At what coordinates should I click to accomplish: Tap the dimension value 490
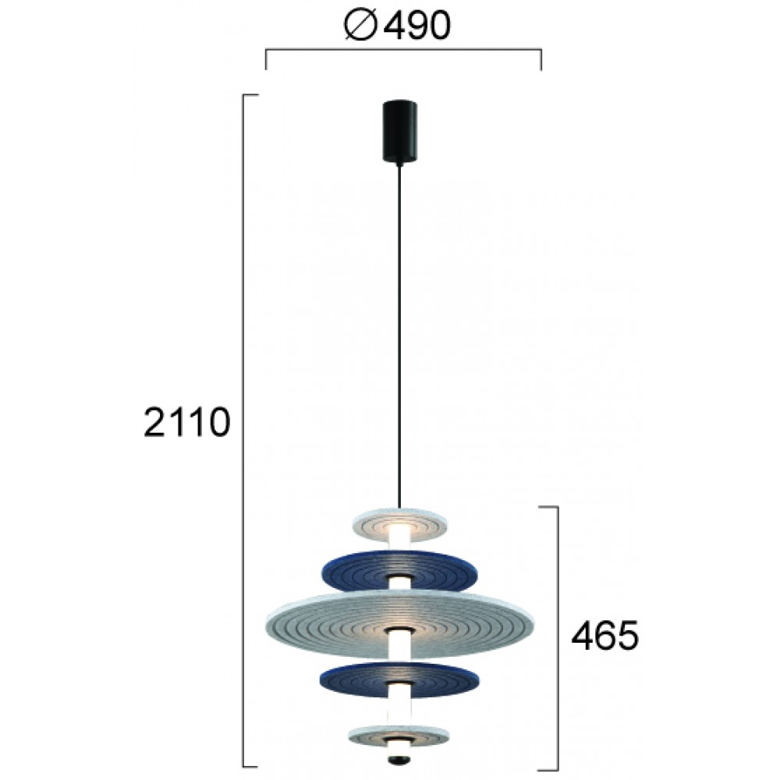coord(417,28)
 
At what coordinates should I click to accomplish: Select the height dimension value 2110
coord(187,424)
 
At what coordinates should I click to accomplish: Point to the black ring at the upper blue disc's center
coord(401,579)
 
